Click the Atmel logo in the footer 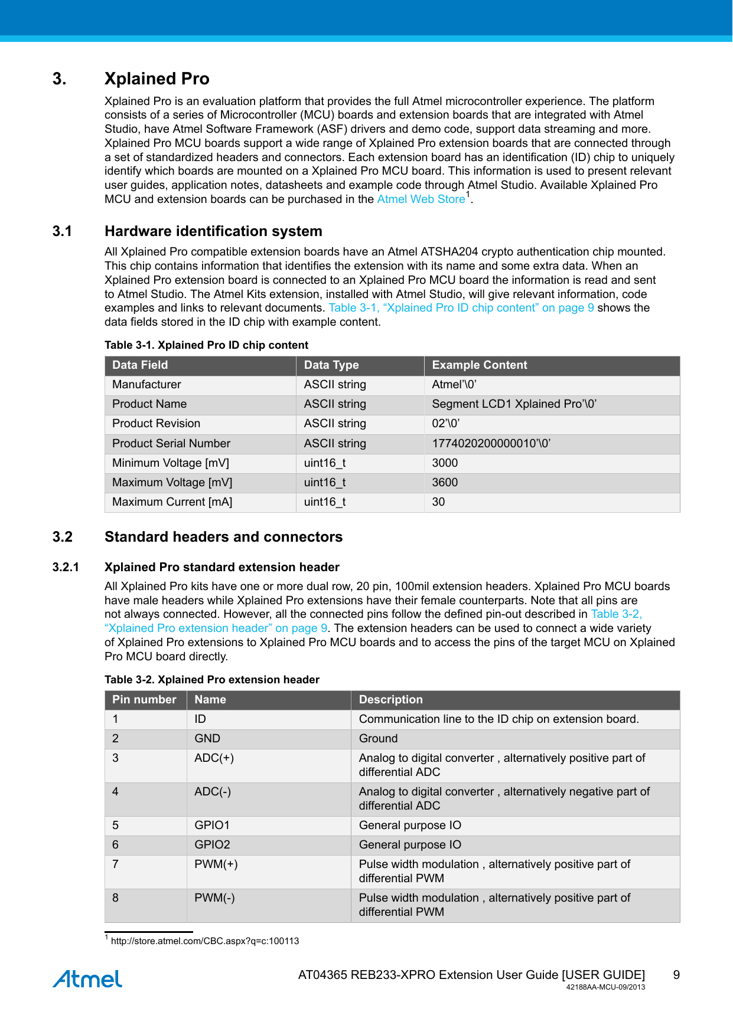[x=87, y=979]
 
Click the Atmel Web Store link [x=421, y=199]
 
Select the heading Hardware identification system [x=213, y=231]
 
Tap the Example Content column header [x=479, y=365]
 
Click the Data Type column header [x=331, y=365]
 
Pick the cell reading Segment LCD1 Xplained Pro [x=514, y=404]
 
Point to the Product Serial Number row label [x=171, y=444]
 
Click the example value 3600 [x=445, y=483]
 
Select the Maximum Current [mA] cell [x=172, y=502]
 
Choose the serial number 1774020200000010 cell [x=491, y=444]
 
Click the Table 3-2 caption [x=211, y=680]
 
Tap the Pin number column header [x=144, y=700]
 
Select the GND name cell [x=207, y=739]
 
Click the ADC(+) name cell [x=214, y=758]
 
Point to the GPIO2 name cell [x=212, y=845]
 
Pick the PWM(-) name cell [x=214, y=898]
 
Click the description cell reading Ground [x=378, y=739]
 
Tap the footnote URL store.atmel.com [x=204, y=941]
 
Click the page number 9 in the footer [x=676, y=975]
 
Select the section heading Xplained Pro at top [x=157, y=79]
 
